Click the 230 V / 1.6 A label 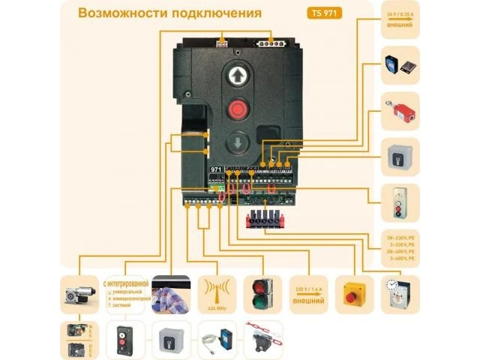coord(307,293)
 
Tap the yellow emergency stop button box coord(352,294)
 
